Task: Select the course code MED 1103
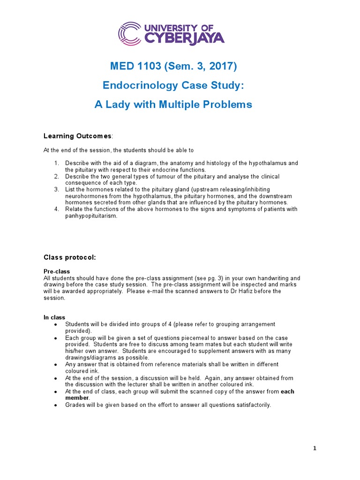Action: click(135, 66)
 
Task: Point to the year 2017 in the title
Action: click(222, 66)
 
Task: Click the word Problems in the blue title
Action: click(229, 104)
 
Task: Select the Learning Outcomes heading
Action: click(77, 136)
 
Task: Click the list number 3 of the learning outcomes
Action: click(56, 189)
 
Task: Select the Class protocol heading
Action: click(70, 257)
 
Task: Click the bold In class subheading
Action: click(54, 317)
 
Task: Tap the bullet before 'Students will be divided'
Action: click(56, 324)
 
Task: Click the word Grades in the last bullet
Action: click(75, 405)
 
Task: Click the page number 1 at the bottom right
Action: click(315, 448)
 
